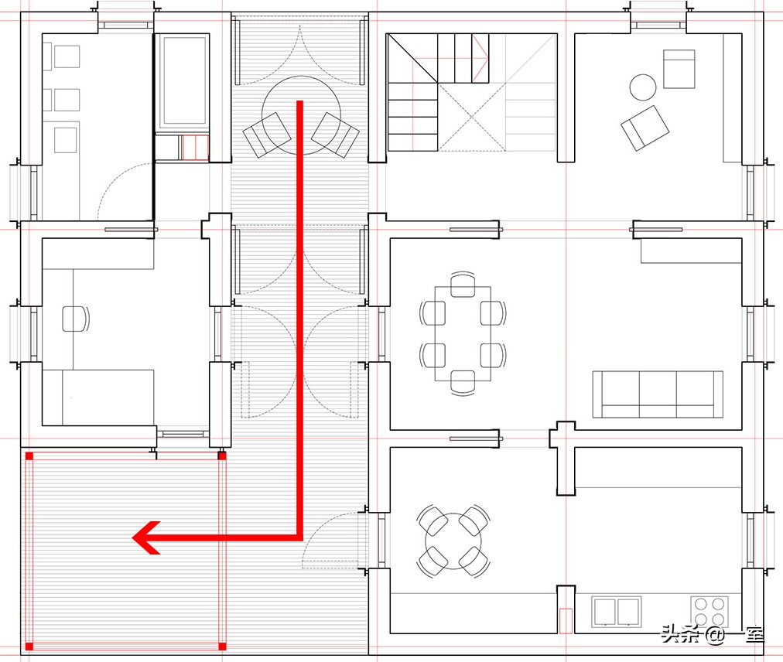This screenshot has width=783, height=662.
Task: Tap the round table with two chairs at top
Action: [301, 114]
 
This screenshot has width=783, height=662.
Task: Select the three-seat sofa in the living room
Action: [658, 394]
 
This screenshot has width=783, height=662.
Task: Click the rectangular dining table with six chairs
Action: [463, 334]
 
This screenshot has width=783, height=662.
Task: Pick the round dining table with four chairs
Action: [453, 541]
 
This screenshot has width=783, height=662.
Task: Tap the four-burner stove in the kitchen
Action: [709, 612]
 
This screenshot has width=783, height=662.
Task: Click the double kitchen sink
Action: [616, 612]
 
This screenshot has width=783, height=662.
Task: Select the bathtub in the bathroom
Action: [183, 80]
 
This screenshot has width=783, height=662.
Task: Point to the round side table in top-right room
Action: [643, 87]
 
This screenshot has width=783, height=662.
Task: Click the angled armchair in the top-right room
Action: [645, 128]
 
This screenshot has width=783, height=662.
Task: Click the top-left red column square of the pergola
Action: [29, 456]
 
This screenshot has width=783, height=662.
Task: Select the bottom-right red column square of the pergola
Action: [222, 647]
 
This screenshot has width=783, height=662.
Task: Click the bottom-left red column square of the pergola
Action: [29, 647]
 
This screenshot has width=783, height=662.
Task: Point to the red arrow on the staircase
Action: [480, 57]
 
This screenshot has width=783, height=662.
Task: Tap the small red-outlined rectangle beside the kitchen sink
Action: [566, 620]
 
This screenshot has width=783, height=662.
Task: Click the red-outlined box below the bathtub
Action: [195, 147]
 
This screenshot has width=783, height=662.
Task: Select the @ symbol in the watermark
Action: [715, 636]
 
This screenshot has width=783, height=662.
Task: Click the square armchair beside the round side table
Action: [679, 69]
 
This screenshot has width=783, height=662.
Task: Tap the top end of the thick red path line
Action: [300, 101]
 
